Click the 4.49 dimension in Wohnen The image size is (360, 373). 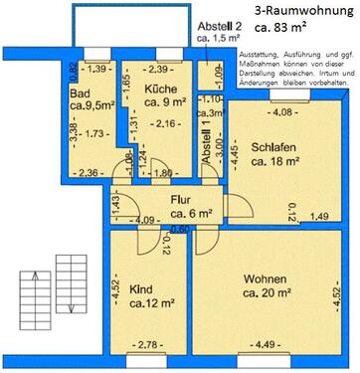[271, 344]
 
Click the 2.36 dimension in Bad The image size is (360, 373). [90, 173]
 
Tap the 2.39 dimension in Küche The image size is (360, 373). [157, 69]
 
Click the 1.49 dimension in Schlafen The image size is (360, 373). [319, 215]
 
